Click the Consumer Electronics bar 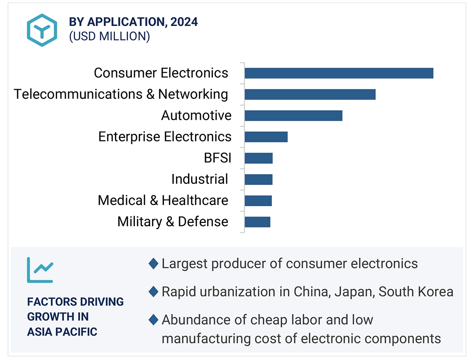coord(338,73)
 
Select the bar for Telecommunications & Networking coord(310,94)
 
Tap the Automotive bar coord(293,115)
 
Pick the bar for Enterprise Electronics coord(266,137)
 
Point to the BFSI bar coord(258,158)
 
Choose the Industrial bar coord(258,179)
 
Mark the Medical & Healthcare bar coord(258,201)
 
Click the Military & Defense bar coord(257,222)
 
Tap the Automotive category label coord(196,115)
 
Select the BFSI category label coord(217,158)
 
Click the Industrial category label coord(200,179)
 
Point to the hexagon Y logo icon coord(42,30)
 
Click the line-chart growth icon coord(40,270)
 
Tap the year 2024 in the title coord(184,22)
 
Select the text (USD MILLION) coord(109,36)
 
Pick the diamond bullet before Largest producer coord(153,264)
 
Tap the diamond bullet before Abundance coord(153,320)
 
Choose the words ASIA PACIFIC coord(62,332)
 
